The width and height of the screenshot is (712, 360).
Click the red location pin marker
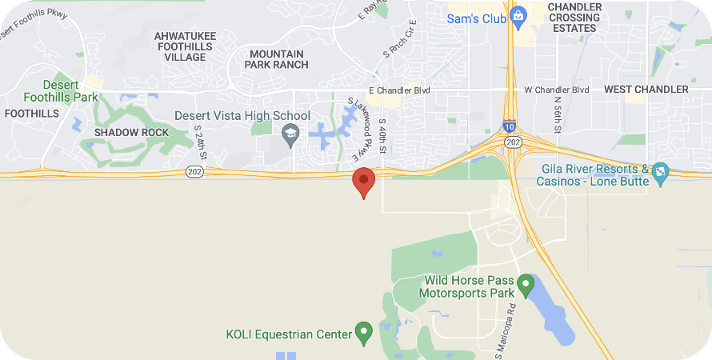click(364, 181)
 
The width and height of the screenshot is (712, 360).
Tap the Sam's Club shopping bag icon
click(518, 15)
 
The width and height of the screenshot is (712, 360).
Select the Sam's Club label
click(476, 18)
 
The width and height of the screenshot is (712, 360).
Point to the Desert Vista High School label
click(242, 116)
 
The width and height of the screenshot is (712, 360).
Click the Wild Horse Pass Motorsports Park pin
click(526, 283)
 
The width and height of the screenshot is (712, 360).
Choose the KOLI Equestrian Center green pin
click(363, 331)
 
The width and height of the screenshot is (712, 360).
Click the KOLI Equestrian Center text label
click(290, 334)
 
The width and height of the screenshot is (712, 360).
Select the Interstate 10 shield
click(510, 126)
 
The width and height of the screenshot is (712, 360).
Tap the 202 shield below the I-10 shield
click(512, 141)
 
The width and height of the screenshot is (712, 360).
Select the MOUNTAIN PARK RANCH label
click(278, 59)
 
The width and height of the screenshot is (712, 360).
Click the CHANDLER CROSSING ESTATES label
click(574, 18)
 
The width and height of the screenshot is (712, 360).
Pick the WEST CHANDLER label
click(646, 90)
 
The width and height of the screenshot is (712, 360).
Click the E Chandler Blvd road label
click(399, 90)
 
